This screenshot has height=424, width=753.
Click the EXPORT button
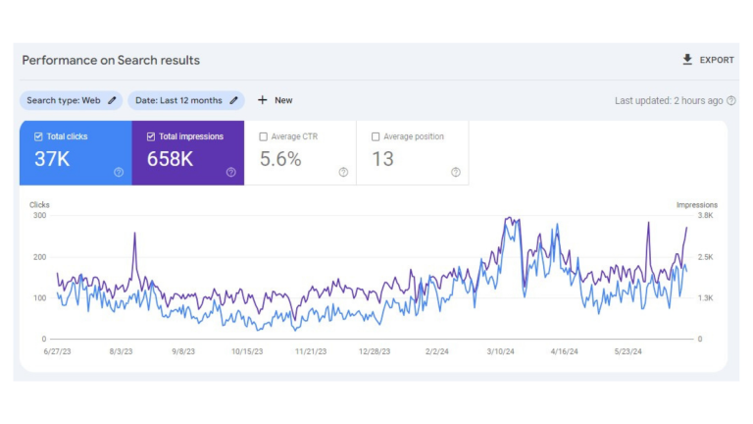(x=708, y=60)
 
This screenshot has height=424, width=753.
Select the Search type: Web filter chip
(x=71, y=100)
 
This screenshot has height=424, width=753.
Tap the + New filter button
(x=275, y=100)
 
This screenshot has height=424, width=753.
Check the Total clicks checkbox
(x=38, y=136)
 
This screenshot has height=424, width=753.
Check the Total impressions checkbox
(x=150, y=136)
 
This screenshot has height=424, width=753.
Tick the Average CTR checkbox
(x=263, y=136)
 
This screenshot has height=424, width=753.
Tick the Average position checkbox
(x=376, y=136)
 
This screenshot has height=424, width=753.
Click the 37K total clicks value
(x=52, y=159)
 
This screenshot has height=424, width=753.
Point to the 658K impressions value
(x=170, y=159)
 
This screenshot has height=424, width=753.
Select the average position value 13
(x=382, y=159)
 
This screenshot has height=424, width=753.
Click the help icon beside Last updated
(x=731, y=100)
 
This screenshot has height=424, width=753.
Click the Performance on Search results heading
(x=111, y=60)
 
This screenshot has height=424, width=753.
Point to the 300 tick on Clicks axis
(x=39, y=215)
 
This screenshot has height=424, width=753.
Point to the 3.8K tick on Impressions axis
(x=705, y=215)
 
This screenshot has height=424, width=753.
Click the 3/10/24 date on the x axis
(x=502, y=350)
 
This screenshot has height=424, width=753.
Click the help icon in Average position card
(x=455, y=172)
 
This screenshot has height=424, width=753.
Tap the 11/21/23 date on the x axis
(x=311, y=350)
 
